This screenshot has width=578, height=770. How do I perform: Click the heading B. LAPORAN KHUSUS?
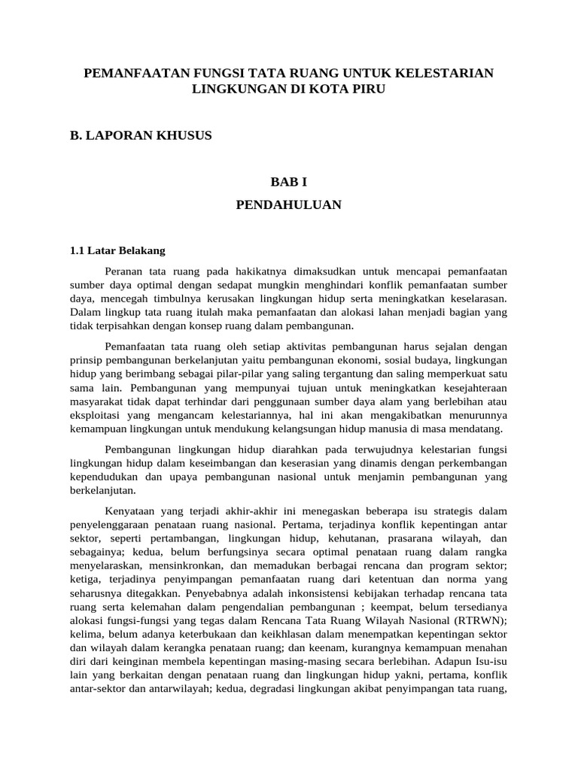point(141,135)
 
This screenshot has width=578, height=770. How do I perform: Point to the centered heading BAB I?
point(288,182)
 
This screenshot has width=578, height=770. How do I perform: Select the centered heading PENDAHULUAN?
point(288,205)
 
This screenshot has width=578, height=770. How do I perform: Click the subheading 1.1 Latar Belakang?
point(117,250)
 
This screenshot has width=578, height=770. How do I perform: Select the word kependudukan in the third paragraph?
point(104,477)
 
